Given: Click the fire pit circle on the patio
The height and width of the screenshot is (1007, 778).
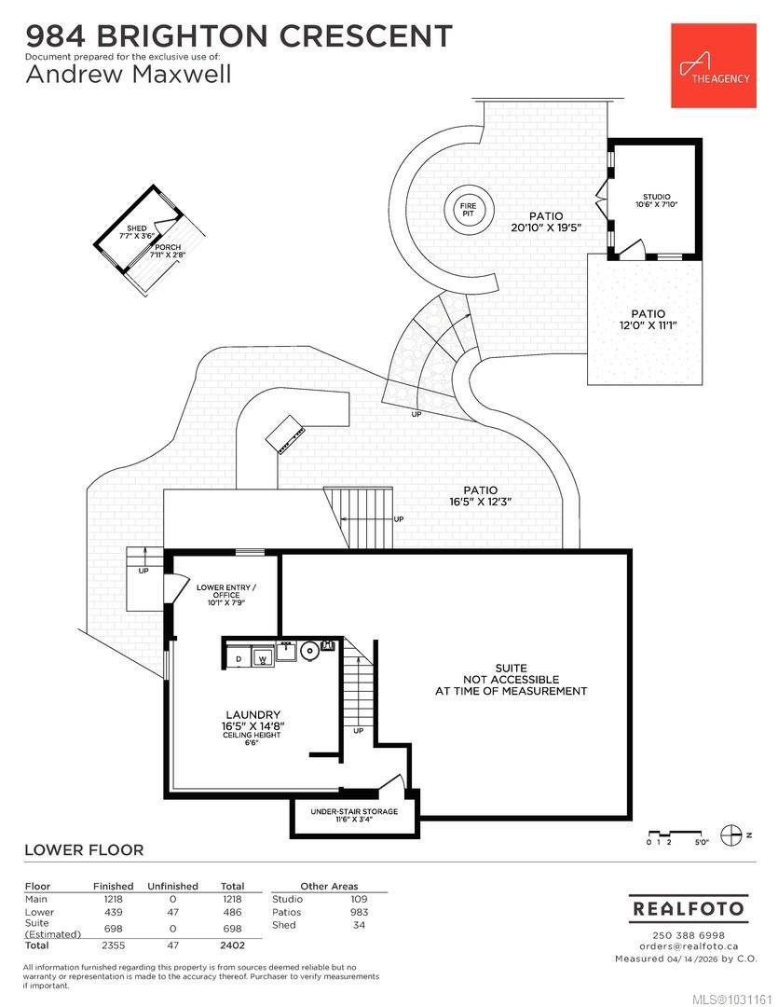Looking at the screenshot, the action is pyautogui.click(x=469, y=210).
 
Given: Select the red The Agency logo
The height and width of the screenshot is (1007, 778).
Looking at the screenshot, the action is pyautogui.click(x=713, y=65).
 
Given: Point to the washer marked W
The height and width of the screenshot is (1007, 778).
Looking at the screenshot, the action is pyautogui.click(x=262, y=658).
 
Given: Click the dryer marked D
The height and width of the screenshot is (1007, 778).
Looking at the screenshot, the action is pyautogui.click(x=239, y=658).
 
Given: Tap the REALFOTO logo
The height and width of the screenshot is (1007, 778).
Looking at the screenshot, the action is pyautogui.click(x=688, y=908).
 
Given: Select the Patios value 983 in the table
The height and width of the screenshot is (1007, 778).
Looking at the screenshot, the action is pyautogui.click(x=359, y=912).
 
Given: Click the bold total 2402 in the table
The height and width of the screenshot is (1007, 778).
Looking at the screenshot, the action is pyautogui.click(x=232, y=945).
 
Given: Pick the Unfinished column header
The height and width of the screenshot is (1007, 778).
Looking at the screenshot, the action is pyautogui.click(x=172, y=887).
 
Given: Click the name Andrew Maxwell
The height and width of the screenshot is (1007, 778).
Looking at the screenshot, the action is pyautogui.click(x=129, y=74).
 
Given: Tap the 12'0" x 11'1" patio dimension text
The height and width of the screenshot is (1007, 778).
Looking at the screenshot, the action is pyautogui.click(x=648, y=325).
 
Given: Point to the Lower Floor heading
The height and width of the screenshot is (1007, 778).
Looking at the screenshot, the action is pyautogui.click(x=84, y=849).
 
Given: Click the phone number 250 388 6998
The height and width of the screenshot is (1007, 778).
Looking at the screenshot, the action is pyautogui.click(x=688, y=935).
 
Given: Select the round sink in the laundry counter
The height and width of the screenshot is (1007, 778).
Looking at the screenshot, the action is pyautogui.click(x=309, y=651).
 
